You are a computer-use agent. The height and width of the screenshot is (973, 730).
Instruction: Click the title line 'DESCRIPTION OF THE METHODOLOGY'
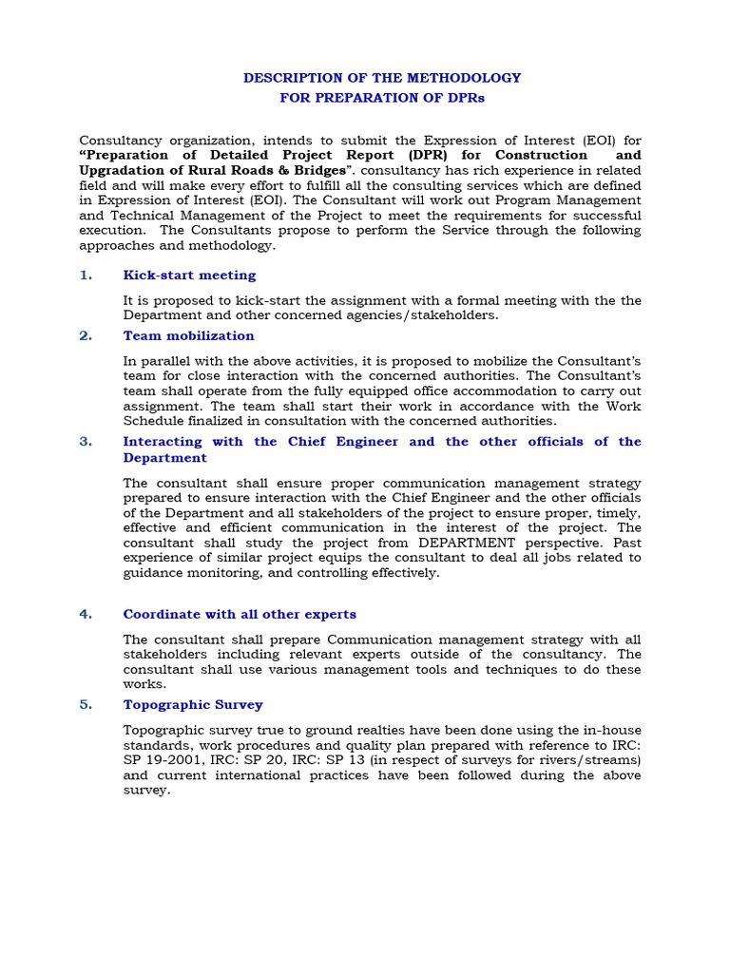tap(382, 77)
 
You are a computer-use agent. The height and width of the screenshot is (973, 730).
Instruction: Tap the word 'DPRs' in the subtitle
tap(467, 97)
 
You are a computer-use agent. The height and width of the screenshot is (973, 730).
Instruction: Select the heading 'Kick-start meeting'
tap(189, 276)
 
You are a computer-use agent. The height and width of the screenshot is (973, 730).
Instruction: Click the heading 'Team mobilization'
tap(188, 335)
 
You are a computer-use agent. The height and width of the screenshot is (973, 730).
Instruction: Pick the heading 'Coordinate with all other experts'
tap(240, 615)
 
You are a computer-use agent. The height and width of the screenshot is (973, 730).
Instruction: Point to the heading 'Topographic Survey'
tap(193, 704)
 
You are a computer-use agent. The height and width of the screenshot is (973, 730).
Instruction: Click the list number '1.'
tap(86, 276)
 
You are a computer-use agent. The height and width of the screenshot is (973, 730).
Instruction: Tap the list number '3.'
tap(86, 442)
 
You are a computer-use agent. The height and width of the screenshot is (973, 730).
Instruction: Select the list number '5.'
tap(86, 704)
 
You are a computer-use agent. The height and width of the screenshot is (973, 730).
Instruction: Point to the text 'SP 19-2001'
tap(162, 760)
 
